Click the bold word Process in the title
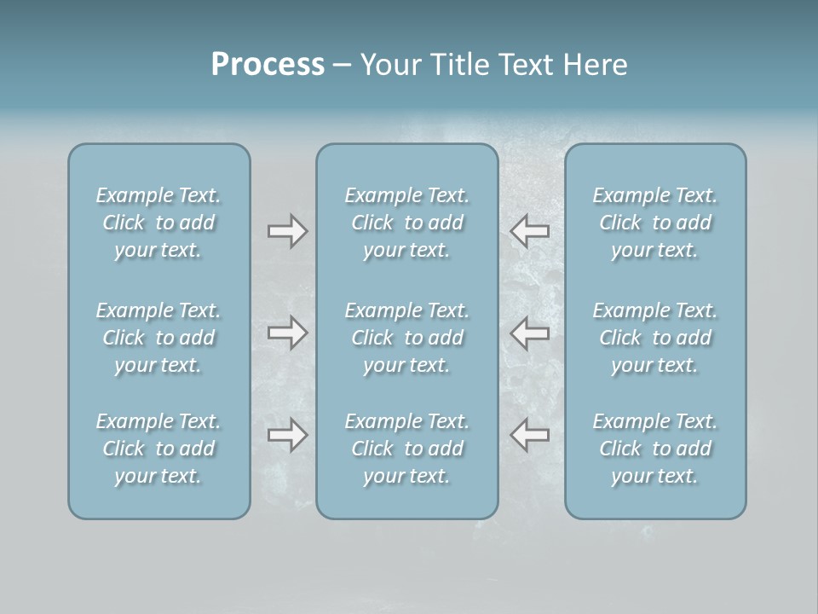pyautogui.click(x=268, y=65)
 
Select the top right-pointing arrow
pyautogui.click(x=287, y=231)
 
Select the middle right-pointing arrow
pyautogui.click(x=287, y=333)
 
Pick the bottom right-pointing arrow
pyautogui.click(x=287, y=436)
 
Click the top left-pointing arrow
pyautogui.click(x=530, y=231)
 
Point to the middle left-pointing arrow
pyautogui.click(x=530, y=333)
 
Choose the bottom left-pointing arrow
pyautogui.click(x=530, y=436)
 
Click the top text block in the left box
pyautogui.click(x=158, y=223)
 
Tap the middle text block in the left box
pyautogui.click(x=158, y=338)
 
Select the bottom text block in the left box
pyautogui.click(x=158, y=449)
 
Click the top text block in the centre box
pyautogui.click(x=407, y=223)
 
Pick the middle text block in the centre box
pyautogui.click(x=407, y=338)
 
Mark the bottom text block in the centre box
pyautogui.click(x=407, y=449)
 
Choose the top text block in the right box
pyautogui.click(x=655, y=223)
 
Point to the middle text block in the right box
pyautogui.click(x=655, y=338)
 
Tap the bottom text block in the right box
pyautogui.click(x=655, y=449)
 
